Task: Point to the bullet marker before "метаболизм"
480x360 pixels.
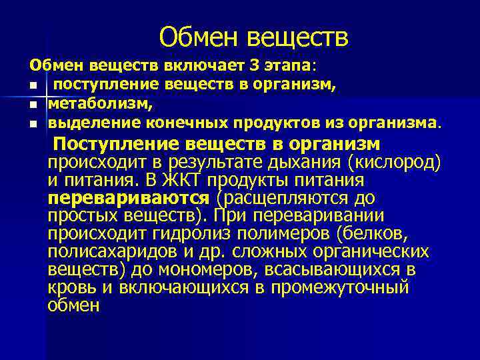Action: (32, 105)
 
